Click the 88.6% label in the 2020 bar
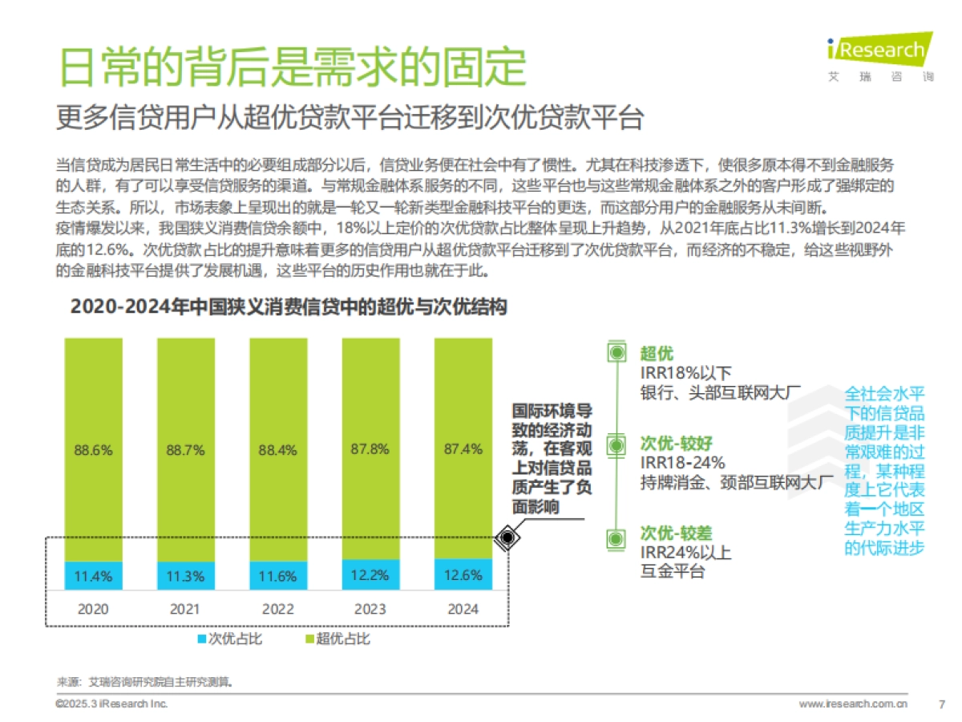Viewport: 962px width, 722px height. (94, 449)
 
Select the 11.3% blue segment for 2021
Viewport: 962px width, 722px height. (186, 575)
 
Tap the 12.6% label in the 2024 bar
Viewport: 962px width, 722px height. (463, 574)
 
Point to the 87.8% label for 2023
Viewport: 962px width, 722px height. (370, 449)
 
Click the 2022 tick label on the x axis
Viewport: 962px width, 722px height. (278, 609)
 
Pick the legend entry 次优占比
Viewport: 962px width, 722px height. (230, 639)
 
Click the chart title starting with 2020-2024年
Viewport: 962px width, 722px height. (289, 307)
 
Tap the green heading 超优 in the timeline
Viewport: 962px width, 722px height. (657, 354)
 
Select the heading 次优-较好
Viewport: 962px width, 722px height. (676, 444)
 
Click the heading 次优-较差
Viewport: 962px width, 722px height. (676, 533)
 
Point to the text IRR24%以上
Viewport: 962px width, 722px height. (685, 553)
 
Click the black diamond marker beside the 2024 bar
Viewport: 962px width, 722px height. (507, 538)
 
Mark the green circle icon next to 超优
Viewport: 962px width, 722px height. (616, 353)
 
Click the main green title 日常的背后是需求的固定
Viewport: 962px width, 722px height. (293, 67)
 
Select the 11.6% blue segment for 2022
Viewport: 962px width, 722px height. (278, 575)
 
